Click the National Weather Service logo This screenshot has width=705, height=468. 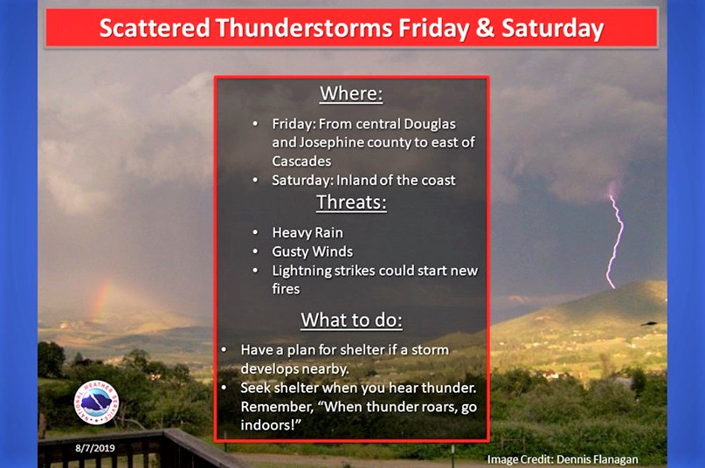96,403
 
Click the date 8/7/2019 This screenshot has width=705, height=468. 95,448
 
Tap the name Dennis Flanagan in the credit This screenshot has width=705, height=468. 597,459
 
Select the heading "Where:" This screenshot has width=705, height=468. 351,93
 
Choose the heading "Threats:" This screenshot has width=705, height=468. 351,203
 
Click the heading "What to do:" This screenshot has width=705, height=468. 351,320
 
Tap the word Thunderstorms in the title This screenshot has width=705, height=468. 304,28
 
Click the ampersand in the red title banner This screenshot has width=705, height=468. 485,28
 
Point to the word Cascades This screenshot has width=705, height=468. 301,161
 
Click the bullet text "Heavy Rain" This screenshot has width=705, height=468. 308,232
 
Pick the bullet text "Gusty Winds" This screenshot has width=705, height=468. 313,251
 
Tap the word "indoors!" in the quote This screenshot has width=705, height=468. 270,425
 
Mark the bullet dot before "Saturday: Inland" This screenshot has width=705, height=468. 255,180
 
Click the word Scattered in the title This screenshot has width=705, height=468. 155,28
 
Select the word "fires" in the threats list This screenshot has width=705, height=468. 286,289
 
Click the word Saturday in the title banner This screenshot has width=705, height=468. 553,29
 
